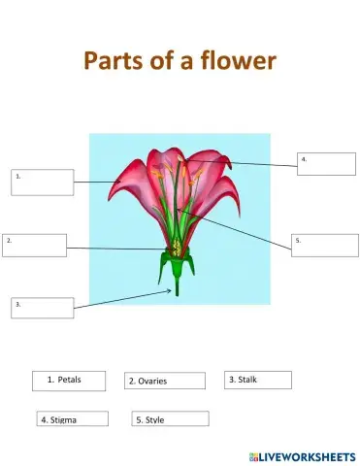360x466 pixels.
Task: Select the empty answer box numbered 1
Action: pos(43,182)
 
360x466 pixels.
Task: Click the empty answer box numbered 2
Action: pos(35,245)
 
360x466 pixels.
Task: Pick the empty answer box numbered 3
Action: pos(42,308)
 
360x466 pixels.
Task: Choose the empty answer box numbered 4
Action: pos(326,163)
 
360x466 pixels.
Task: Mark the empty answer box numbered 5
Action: pos(323,245)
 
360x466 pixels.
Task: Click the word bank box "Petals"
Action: pos(68,380)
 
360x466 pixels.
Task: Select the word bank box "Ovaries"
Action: pos(165,381)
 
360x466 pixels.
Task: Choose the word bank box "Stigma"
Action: pos(71,419)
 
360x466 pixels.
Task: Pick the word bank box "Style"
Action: pos(170,419)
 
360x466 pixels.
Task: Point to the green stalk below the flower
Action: pos(176,283)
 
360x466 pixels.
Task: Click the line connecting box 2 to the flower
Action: pos(116,250)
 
